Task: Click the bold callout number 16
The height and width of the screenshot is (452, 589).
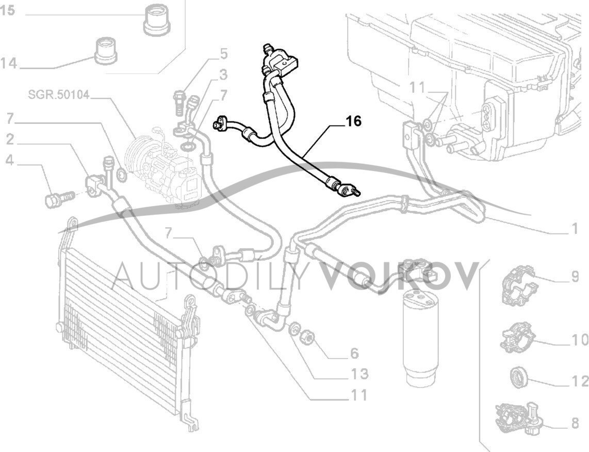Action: pyautogui.click(x=354, y=121)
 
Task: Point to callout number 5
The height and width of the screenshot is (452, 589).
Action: pyautogui.click(x=223, y=53)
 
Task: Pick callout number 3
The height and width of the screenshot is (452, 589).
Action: pyautogui.click(x=223, y=76)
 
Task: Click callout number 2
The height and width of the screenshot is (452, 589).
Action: pyautogui.click(x=10, y=139)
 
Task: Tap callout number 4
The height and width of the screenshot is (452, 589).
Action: pyautogui.click(x=9, y=161)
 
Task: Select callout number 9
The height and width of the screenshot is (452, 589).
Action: pyautogui.click(x=575, y=277)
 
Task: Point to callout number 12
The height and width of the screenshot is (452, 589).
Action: pyautogui.click(x=579, y=381)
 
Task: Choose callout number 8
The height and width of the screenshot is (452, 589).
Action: pyautogui.click(x=575, y=424)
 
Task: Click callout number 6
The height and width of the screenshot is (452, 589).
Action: pyautogui.click(x=354, y=353)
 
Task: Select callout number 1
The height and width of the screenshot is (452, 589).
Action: pyautogui.click(x=575, y=228)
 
